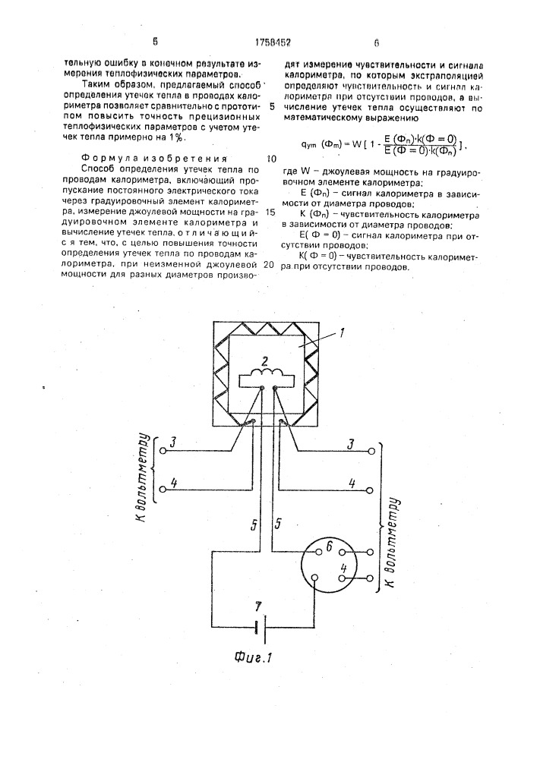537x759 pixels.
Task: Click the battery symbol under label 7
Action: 258,627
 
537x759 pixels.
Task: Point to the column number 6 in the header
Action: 376,43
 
